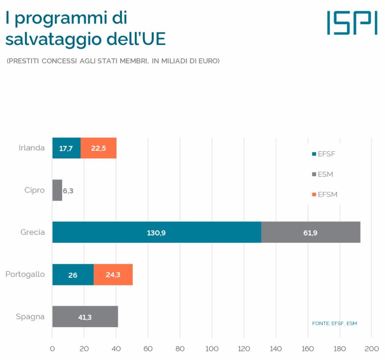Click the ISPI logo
tap(352, 23)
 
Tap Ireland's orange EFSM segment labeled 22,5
tap(98, 148)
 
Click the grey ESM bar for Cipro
tap(57, 190)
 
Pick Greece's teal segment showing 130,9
tap(157, 232)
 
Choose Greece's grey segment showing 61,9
tap(311, 232)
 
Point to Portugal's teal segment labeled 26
tap(73, 275)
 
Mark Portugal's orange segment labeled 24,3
tap(113, 275)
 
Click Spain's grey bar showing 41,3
tap(85, 317)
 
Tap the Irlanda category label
tap(32, 148)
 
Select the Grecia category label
tap(32, 232)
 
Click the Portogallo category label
tap(25, 275)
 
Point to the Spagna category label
tap(30, 317)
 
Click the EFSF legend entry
tap(324, 154)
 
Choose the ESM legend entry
tap(323, 174)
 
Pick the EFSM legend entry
tap(325, 195)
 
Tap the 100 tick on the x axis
tap(212, 349)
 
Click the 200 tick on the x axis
tap(372, 349)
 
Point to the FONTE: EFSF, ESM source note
tap(335, 323)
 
